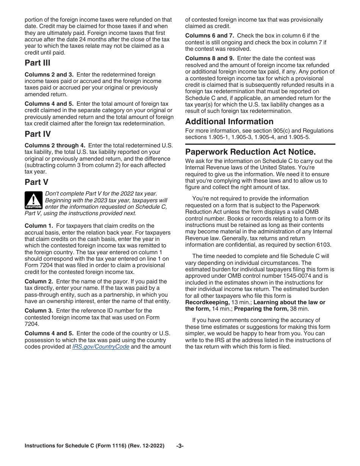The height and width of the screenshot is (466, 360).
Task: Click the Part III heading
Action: (38, 63)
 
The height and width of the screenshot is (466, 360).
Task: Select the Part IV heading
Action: (38, 134)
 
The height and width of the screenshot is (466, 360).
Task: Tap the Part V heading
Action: (36, 182)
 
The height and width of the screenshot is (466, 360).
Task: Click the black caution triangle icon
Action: (33, 200)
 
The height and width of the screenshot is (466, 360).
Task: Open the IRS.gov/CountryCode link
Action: (101, 347)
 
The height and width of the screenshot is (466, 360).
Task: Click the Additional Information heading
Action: (229, 122)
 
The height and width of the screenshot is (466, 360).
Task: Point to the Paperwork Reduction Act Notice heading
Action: (250, 152)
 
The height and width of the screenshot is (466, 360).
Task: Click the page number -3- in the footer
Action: (180, 446)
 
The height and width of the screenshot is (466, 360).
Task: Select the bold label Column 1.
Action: (39, 226)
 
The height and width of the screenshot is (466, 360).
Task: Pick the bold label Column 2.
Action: (39, 281)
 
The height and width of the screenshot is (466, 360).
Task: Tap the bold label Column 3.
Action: (39, 311)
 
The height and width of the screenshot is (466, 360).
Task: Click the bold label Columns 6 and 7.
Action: (210, 36)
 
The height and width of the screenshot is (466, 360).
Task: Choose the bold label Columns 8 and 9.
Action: (210, 58)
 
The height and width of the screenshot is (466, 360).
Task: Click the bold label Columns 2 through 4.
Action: (55, 145)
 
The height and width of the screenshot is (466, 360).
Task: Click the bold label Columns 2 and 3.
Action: (49, 75)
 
